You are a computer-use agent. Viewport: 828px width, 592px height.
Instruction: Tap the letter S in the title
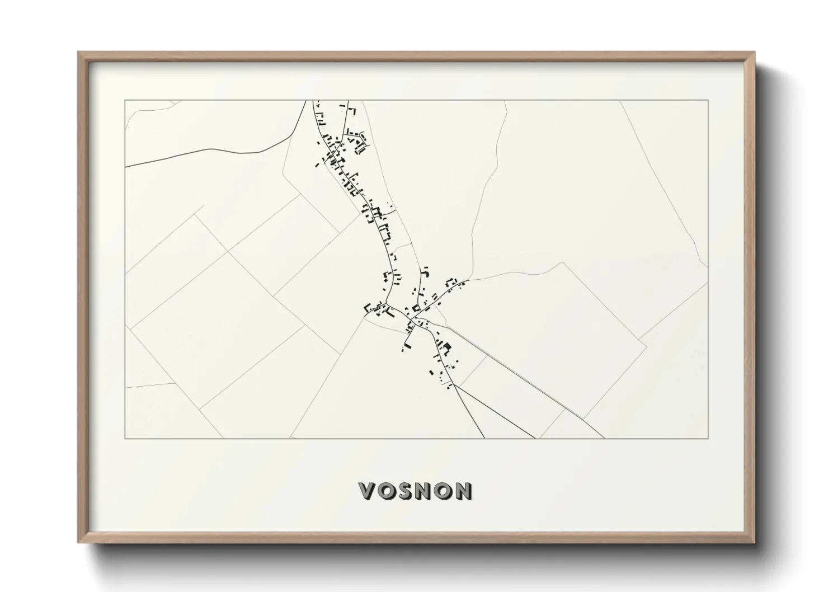[406, 491]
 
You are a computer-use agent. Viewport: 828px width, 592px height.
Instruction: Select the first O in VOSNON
[387, 491]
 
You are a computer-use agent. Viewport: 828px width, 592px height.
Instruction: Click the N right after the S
[425, 491]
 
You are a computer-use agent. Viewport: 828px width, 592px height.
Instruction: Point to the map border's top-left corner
[125, 100]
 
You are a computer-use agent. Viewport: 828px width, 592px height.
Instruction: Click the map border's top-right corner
[708, 100]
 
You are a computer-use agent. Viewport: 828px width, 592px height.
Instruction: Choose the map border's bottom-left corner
[125, 438]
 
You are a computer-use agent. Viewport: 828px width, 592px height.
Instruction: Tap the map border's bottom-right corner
[708, 438]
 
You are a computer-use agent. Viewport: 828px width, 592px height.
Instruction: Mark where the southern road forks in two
[453, 385]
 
